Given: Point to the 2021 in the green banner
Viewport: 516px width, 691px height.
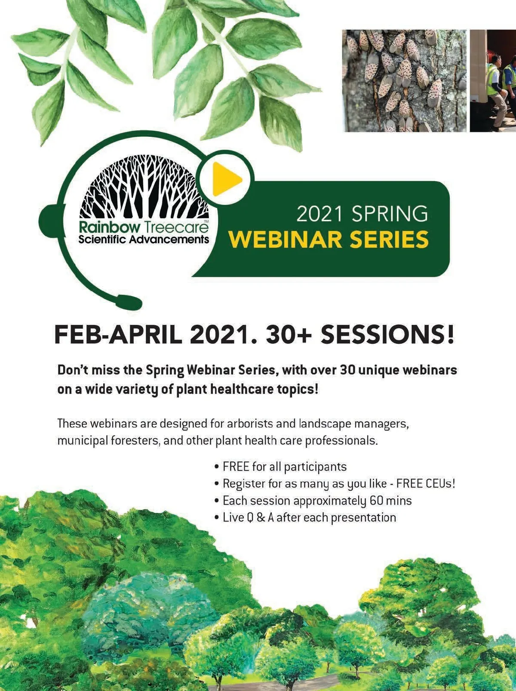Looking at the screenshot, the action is click(x=319, y=214).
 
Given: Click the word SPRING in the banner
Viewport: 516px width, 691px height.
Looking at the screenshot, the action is click(x=390, y=214).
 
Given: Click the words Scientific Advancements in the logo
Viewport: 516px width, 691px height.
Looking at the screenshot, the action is click(x=144, y=239).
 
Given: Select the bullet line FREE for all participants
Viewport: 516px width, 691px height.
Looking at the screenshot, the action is click(x=281, y=466).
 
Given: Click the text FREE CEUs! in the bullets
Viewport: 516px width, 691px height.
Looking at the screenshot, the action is click(x=426, y=483).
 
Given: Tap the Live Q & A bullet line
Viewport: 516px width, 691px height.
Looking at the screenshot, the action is click(x=305, y=518).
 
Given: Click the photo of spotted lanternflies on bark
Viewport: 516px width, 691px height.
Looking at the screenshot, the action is click(x=404, y=80).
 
